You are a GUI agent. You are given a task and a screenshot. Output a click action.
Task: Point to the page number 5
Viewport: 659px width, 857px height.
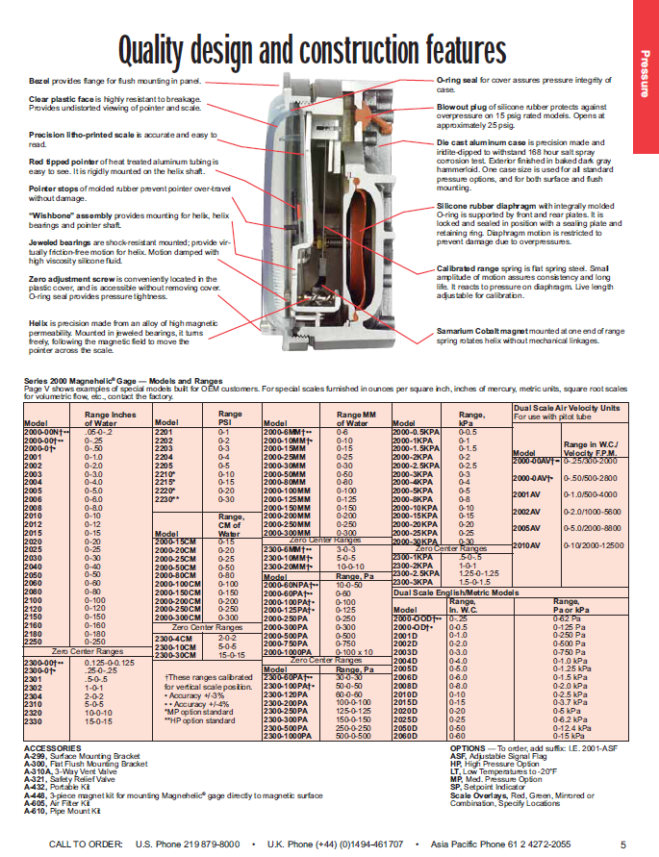(x=623, y=844)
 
